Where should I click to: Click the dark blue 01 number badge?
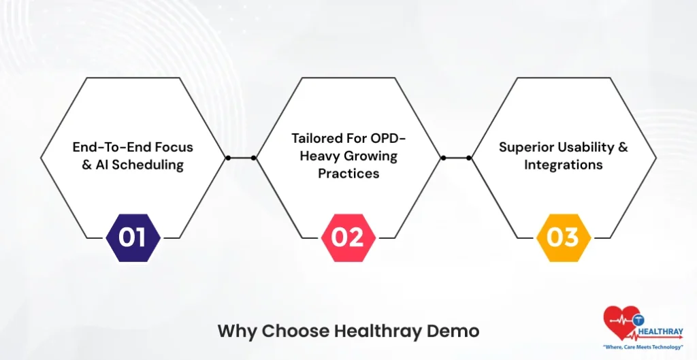pos(133,238)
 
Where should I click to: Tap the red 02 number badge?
pos(348,238)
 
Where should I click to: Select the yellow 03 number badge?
pos(564,238)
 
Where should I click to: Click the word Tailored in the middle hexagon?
pos(320,138)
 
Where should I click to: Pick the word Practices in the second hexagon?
pos(348,174)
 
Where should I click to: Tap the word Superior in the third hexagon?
pos(528,147)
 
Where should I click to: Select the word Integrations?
pos(564,165)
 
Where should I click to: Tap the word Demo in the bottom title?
pos(453,331)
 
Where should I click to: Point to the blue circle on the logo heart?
pos(639,318)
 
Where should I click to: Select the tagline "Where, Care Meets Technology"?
pos(643,347)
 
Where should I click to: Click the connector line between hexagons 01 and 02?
pos(241,158)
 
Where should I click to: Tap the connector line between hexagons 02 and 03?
pos(456,158)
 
